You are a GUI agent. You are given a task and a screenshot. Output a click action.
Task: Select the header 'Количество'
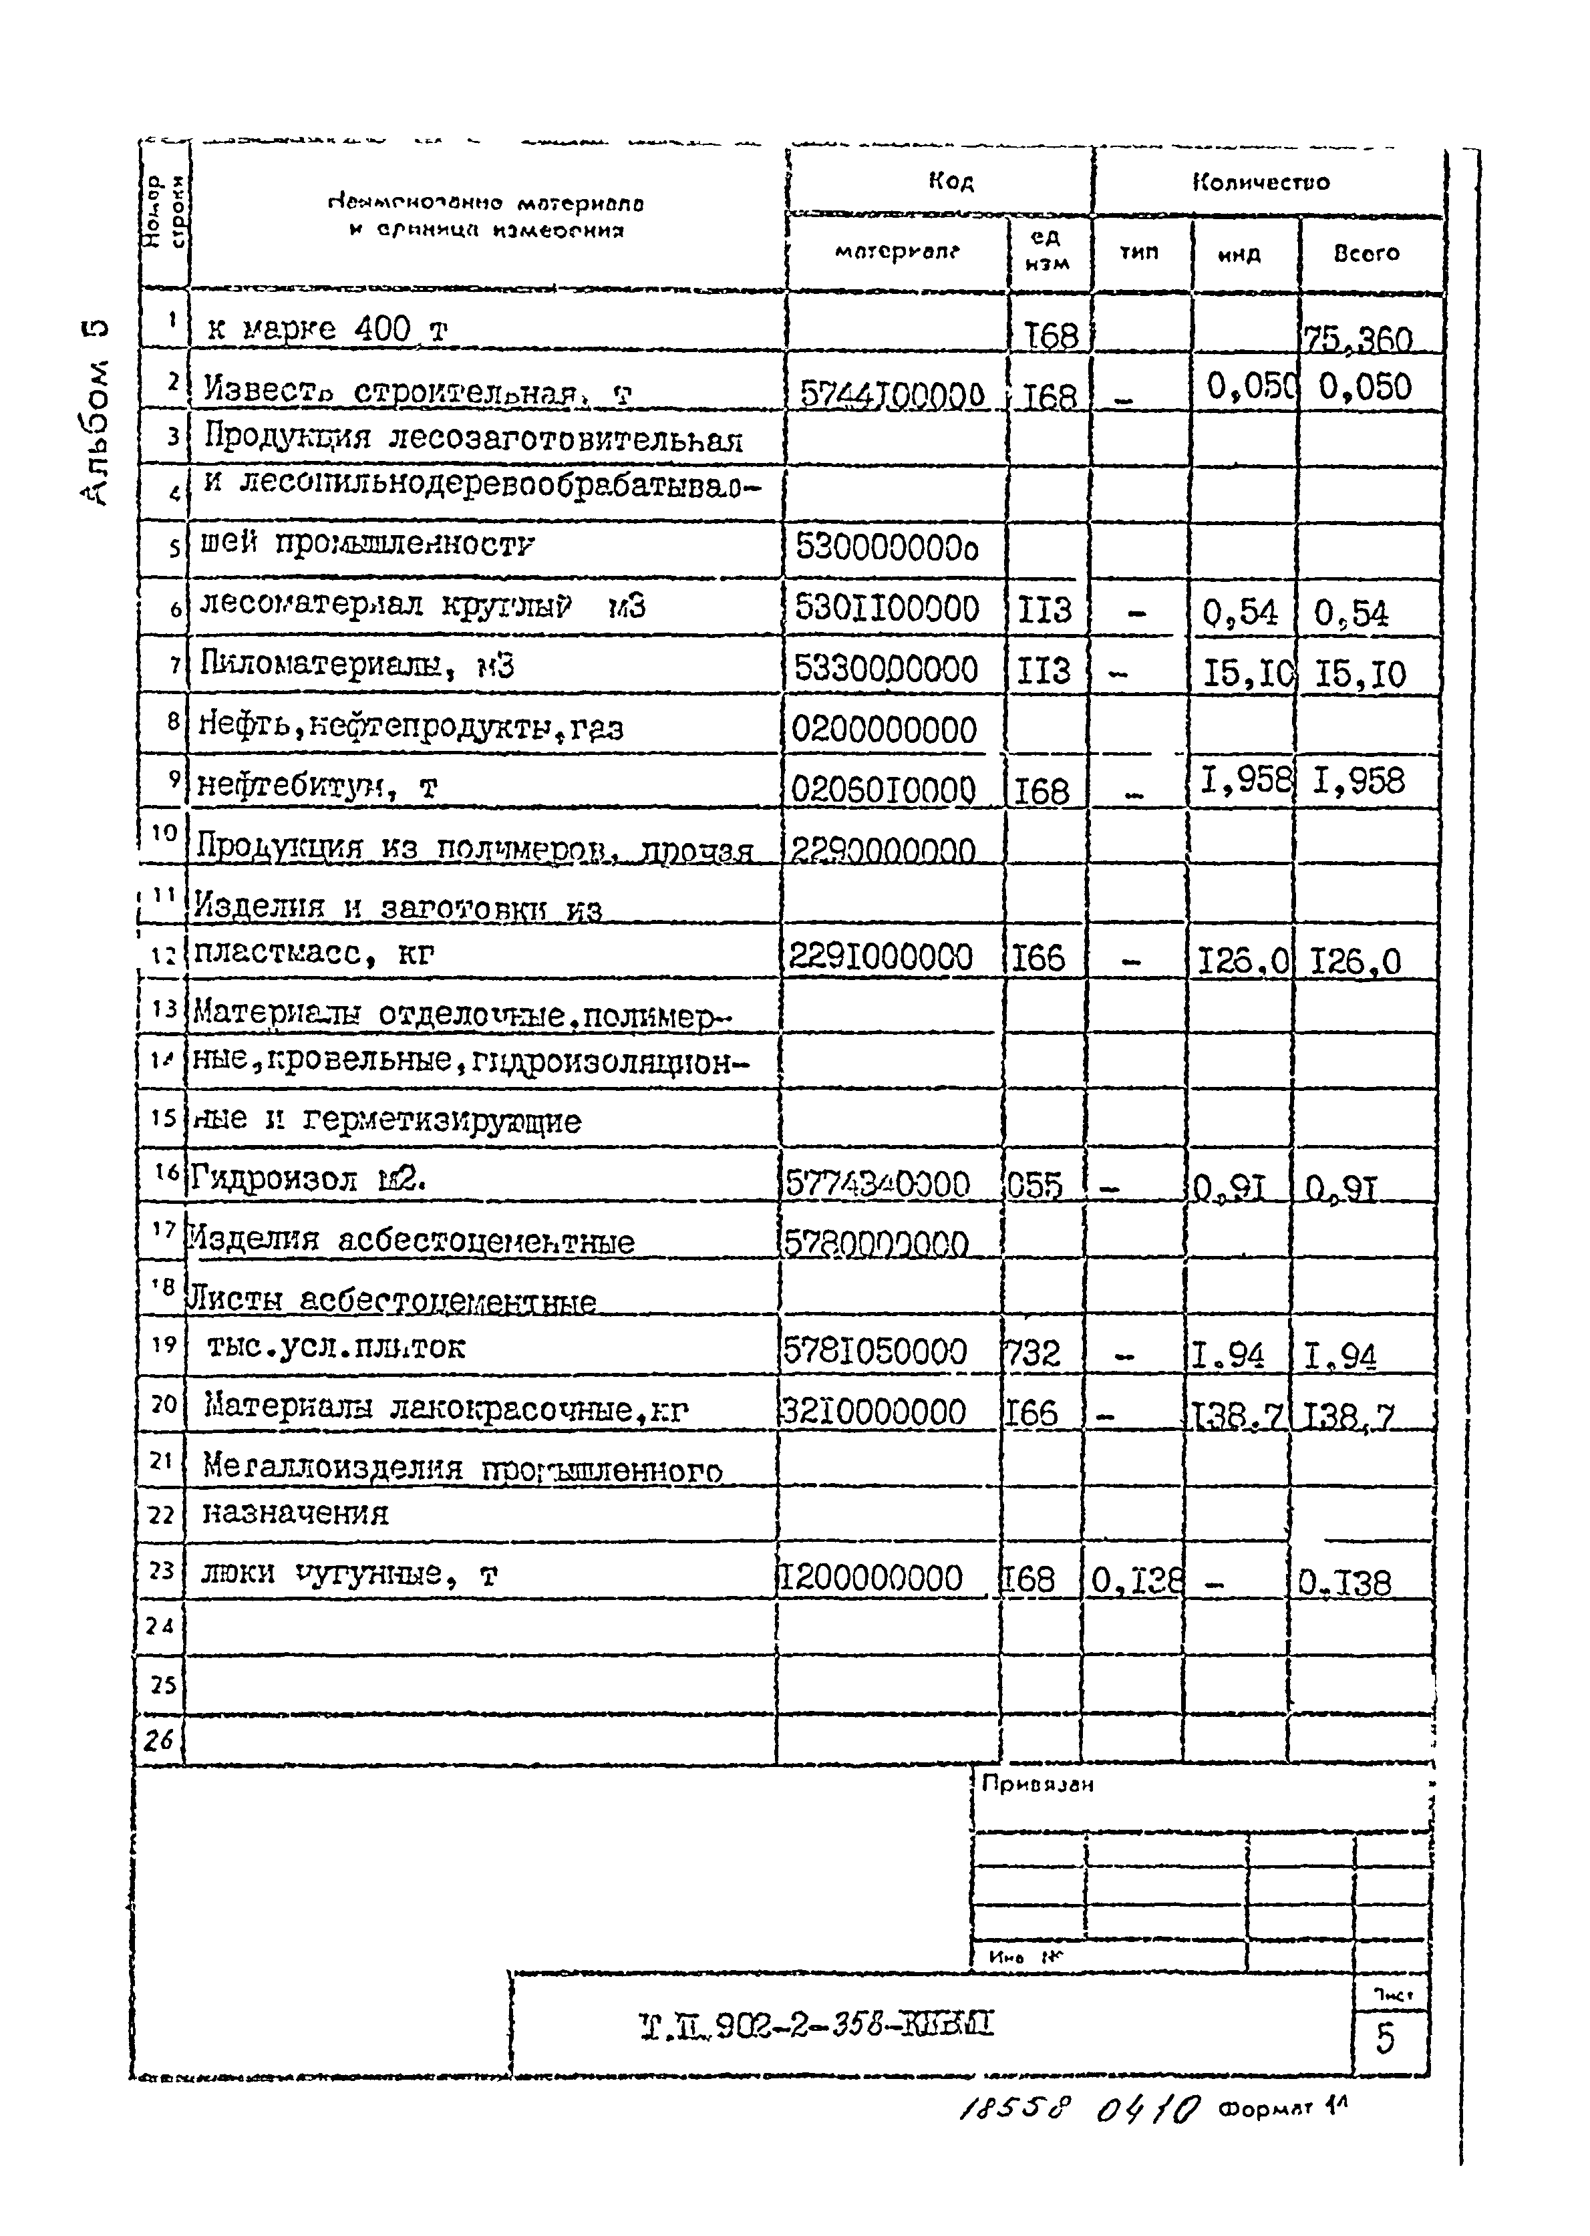pos(1261,182)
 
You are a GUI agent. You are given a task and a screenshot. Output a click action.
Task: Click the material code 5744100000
pos(892,395)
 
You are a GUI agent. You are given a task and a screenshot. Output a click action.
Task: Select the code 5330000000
pos(886,669)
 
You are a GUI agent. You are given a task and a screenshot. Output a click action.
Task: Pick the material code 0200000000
pos(884,730)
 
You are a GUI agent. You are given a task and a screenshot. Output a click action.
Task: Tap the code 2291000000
pos(881,957)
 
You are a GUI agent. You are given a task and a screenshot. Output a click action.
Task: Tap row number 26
pos(158,1740)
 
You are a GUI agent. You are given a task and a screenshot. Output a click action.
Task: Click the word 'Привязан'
pos(1038,1784)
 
